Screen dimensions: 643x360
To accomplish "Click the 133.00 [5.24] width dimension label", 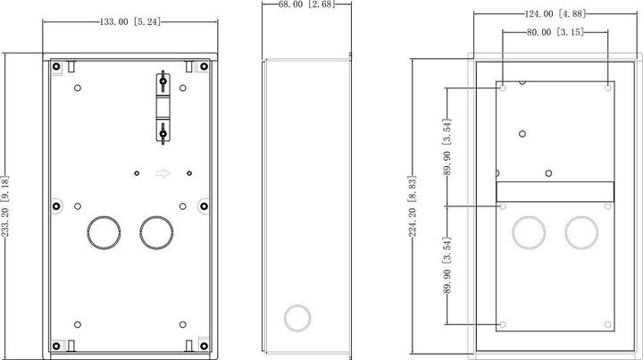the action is tap(130, 21).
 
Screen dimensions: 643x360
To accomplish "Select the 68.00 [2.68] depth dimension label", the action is tap(306, 4).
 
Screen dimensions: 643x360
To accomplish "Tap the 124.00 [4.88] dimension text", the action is tap(555, 13).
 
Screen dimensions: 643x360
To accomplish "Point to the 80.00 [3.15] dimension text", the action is tap(555, 32).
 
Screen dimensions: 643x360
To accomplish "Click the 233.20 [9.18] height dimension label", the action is tap(5, 206).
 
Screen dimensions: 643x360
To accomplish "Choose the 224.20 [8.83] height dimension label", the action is tap(412, 206).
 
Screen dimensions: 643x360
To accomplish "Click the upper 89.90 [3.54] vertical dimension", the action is tap(447, 147).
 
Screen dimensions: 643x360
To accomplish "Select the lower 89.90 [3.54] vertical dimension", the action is tap(447, 265).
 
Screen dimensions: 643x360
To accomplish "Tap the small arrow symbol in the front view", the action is tap(163, 173).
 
